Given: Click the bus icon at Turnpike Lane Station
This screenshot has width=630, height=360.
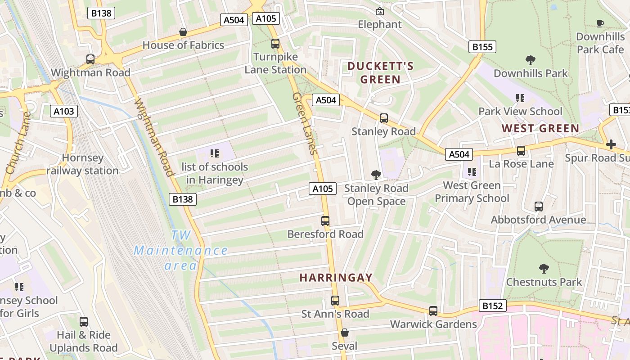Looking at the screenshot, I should tap(275, 44).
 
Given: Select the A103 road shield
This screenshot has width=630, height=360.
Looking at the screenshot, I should tap(64, 111).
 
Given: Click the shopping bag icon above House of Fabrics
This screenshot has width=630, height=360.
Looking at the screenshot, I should tap(183, 32).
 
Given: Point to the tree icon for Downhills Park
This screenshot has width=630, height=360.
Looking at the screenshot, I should tap(531, 60).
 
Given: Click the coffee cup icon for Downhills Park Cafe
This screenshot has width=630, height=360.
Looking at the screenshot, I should tap(600, 23).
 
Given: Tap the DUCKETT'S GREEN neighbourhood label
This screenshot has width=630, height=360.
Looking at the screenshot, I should tap(380, 73).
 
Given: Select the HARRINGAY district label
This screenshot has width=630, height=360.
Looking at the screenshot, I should tap(336, 278).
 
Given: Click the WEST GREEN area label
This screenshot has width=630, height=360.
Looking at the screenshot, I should tap(540, 128).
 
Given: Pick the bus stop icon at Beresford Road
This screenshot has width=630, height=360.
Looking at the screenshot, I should tap(325, 221).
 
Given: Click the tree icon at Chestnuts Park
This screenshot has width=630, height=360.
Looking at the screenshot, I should tap(544, 269).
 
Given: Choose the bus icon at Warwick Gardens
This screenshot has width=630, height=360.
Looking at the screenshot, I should tap(433, 310).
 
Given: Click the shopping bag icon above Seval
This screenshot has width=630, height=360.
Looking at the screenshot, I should tap(344, 333).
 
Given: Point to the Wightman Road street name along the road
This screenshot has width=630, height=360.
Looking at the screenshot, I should tap(153, 137).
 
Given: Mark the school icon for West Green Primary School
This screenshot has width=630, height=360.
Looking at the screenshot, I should tap(472, 171).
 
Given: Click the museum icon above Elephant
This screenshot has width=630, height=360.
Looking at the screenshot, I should tap(380, 11).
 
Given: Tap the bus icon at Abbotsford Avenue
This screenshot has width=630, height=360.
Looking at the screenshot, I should tap(538, 207).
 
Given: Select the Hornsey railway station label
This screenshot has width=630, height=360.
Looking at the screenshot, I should tap(82, 164).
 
